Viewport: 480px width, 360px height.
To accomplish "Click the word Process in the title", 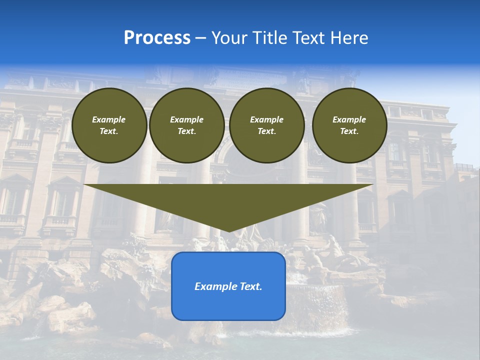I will (157, 38).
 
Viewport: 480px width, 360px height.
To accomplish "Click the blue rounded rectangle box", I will (228, 305).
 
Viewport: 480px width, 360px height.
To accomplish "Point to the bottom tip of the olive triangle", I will (228, 231).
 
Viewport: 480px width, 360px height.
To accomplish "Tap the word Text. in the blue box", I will (251, 286).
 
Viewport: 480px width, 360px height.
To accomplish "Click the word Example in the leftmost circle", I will (109, 119).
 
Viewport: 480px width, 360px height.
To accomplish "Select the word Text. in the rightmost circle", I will (349, 131).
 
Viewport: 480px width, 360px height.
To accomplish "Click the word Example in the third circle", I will (266, 119).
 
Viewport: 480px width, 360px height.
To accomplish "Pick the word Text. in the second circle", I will (186, 131).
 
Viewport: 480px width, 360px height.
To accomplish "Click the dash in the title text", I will (200, 38).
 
